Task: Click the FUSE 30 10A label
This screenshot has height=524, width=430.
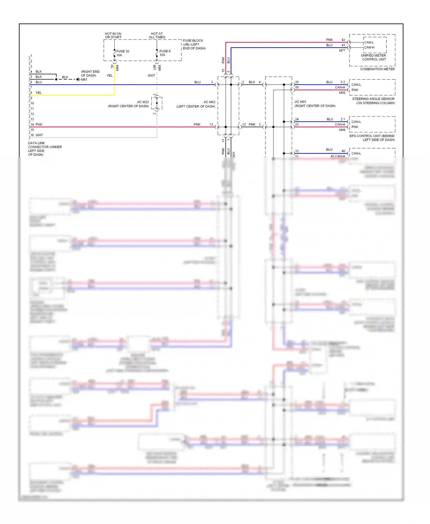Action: (x=122, y=53)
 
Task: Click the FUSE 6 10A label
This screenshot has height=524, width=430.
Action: (x=165, y=53)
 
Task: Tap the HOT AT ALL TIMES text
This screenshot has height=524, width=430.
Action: (x=157, y=35)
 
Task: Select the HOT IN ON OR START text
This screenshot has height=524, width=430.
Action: (x=113, y=35)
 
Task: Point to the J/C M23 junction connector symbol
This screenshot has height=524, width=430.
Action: (x=157, y=103)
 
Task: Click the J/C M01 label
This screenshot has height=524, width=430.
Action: (x=300, y=102)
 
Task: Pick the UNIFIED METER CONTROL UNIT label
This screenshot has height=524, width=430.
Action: (x=374, y=57)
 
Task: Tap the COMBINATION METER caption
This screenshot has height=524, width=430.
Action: (x=377, y=69)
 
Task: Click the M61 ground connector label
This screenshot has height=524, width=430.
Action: (x=84, y=80)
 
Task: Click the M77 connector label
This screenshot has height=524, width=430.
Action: (x=342, y=50)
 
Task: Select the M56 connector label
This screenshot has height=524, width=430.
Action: (x=342, y=93)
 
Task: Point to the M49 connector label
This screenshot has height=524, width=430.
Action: (x=342, y=130)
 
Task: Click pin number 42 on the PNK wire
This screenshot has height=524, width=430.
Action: (x=343, y=40)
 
